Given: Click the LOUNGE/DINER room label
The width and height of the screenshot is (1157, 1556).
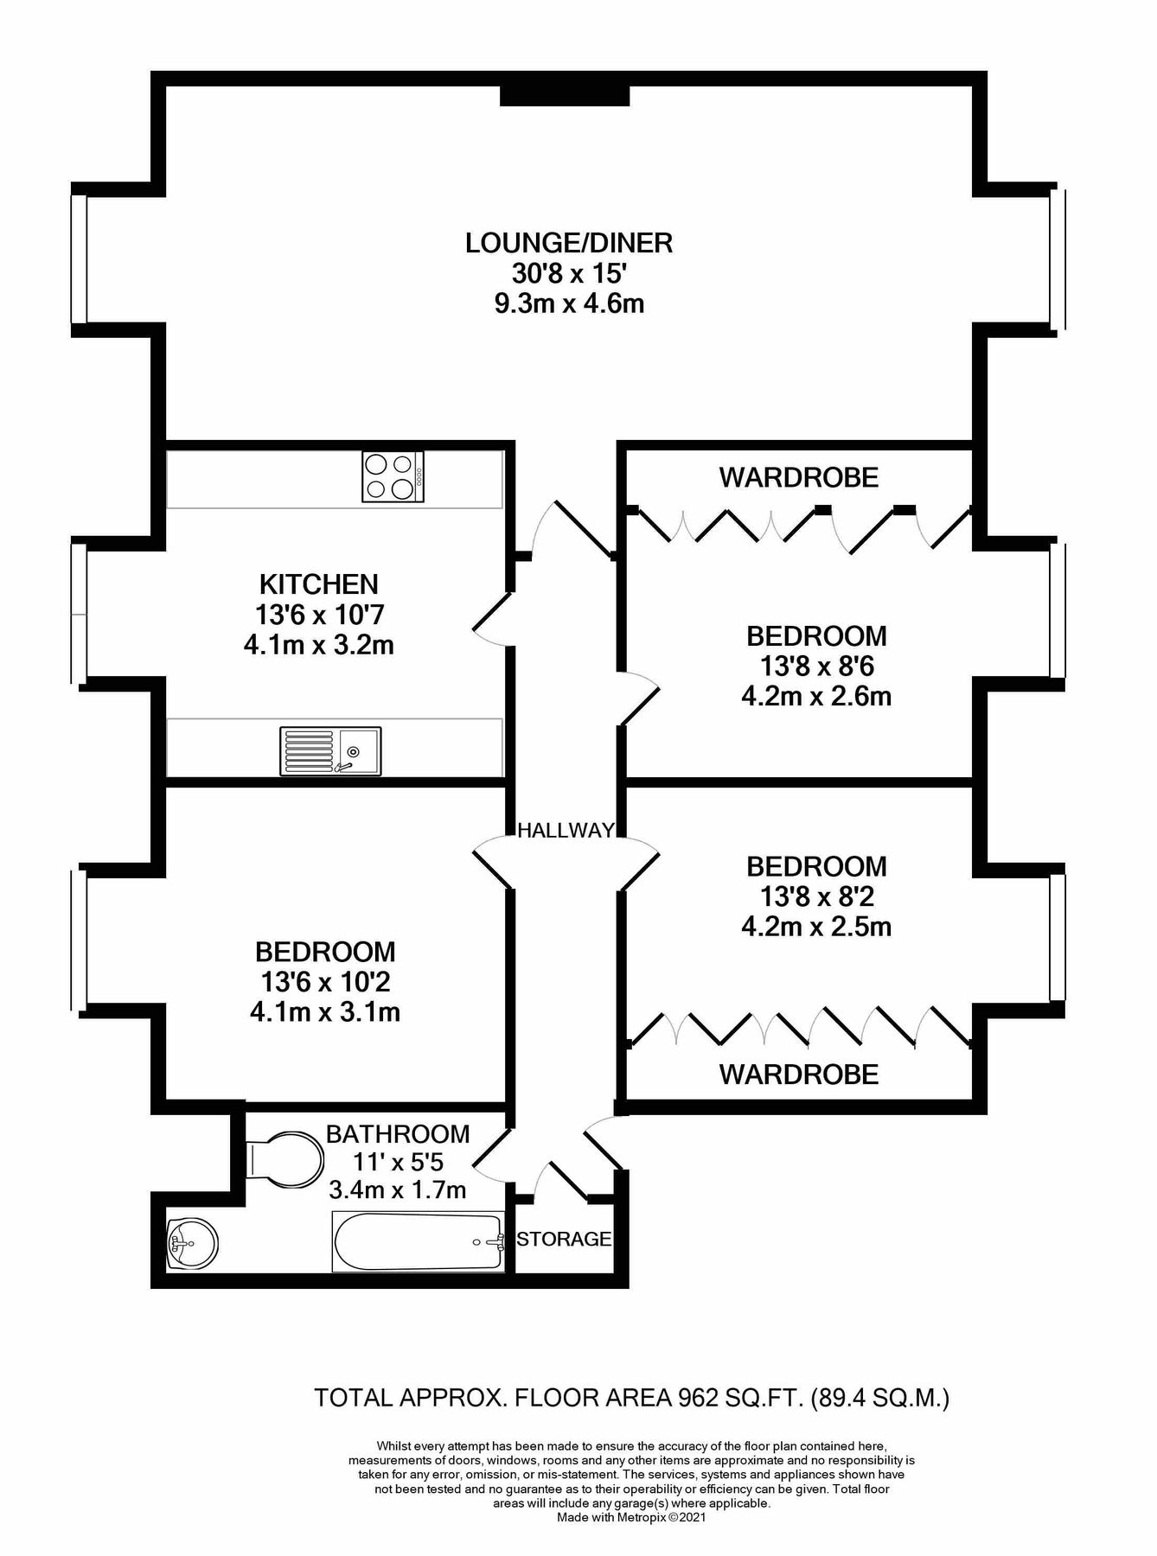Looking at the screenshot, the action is coord(569,243).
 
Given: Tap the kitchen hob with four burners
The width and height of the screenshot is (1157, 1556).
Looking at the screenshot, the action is coord(393,476).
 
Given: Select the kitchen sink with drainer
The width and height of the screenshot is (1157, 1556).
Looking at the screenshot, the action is coord(330,750).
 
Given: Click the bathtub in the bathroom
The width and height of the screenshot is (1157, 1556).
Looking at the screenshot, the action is coord(419,1242).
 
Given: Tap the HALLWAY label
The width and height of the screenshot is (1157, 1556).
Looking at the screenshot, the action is coord(566,831).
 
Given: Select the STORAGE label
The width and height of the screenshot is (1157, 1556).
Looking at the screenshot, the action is coord(564,1239).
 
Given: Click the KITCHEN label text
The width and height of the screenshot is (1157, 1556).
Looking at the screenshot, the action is coord(320,583).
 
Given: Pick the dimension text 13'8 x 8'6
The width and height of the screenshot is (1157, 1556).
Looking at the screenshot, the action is coord(816,666).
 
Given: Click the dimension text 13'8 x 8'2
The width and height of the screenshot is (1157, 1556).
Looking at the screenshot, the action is coord(816,896).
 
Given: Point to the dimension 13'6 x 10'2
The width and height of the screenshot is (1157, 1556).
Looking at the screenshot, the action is coord(325,982).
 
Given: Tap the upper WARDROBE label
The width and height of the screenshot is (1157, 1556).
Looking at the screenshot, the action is coord(799,477).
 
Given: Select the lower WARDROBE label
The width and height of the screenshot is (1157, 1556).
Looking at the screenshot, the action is coord(799,1075).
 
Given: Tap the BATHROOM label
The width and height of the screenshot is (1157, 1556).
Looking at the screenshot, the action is coord(398,1133).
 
